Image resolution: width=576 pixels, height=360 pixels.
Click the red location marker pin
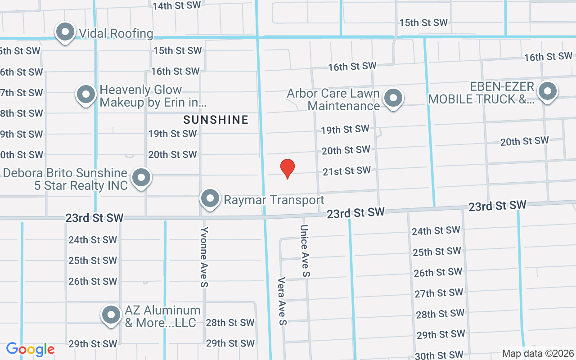(288, 168)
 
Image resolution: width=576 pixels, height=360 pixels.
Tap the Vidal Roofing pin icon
(65, 32)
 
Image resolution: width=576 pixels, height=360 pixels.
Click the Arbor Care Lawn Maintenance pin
(393, 98)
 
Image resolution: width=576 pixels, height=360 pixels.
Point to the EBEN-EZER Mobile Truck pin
(547, 91)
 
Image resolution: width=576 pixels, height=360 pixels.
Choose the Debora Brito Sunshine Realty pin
(142, 177)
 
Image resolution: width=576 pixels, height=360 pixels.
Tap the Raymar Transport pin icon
(210, 198)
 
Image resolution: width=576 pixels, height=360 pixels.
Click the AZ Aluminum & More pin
(111, 315)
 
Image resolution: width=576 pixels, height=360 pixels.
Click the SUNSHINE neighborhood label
(216, 120)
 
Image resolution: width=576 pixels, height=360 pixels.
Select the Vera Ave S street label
(282, 301)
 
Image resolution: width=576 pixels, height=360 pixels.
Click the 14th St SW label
(176, 6)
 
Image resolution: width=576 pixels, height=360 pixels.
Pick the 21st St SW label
(346, 171)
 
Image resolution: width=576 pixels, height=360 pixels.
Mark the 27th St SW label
(439, 293)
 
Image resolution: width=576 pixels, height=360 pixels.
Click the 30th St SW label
(439, 355)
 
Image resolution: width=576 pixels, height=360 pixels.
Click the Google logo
(30, 349)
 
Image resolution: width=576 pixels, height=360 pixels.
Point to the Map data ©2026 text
(538, 353)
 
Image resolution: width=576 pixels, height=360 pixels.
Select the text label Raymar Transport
(274, 200)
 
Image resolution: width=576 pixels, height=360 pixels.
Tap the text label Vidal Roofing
(116, 33)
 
